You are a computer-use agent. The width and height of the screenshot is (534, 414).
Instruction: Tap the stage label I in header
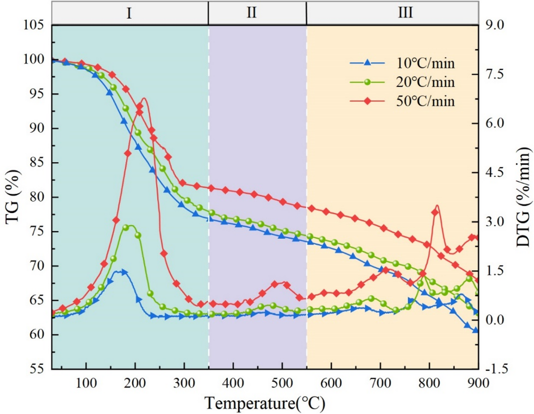point(129,13)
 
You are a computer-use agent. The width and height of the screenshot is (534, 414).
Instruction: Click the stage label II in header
point(251,12)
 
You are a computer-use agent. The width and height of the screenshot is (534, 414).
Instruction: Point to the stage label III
point(405,12)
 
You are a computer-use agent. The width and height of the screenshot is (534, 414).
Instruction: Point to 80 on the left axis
point(36,197)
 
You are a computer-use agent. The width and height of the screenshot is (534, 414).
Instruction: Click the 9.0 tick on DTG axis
point(495,25)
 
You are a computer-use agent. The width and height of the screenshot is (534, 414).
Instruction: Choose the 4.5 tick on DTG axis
point(495,173)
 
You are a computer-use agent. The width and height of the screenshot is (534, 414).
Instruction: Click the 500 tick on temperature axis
point(282,383)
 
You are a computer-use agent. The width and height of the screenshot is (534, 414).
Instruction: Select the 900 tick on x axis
point(478,383)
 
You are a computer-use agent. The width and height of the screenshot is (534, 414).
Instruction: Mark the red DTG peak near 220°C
point(144,98)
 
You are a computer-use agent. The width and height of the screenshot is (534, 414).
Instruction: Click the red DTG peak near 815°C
point(437,206)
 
